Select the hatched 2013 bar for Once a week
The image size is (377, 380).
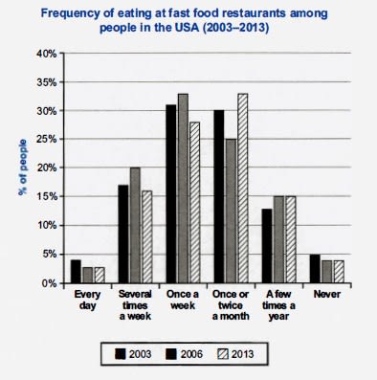tap(195, 203)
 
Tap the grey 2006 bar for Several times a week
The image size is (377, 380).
tap(134, 226)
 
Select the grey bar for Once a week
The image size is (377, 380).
tap(184, 189)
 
